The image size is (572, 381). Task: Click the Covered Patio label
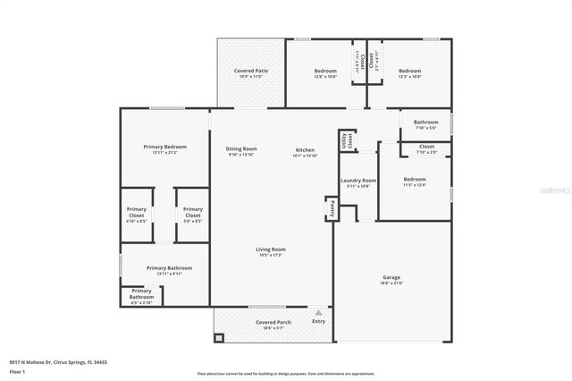(x=251, y=70)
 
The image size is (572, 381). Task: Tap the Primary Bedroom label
(x=165, y=146)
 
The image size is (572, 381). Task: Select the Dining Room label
(x=241, y=148)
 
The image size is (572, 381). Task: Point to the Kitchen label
(x=305, y=148)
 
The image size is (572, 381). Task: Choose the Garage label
(x=391, y=277)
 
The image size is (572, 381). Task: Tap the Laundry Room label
(x=357, y=181)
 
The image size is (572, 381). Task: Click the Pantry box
(x=329, y=207)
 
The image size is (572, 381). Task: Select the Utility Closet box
(x=345, y=140)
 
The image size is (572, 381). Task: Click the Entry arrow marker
(x=318, y=313)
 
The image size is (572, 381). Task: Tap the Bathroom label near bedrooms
(x=425, y=122)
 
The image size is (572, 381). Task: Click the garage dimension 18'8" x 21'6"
(x=391, y=284)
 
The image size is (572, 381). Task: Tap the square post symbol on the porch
(x=219, y=339)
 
